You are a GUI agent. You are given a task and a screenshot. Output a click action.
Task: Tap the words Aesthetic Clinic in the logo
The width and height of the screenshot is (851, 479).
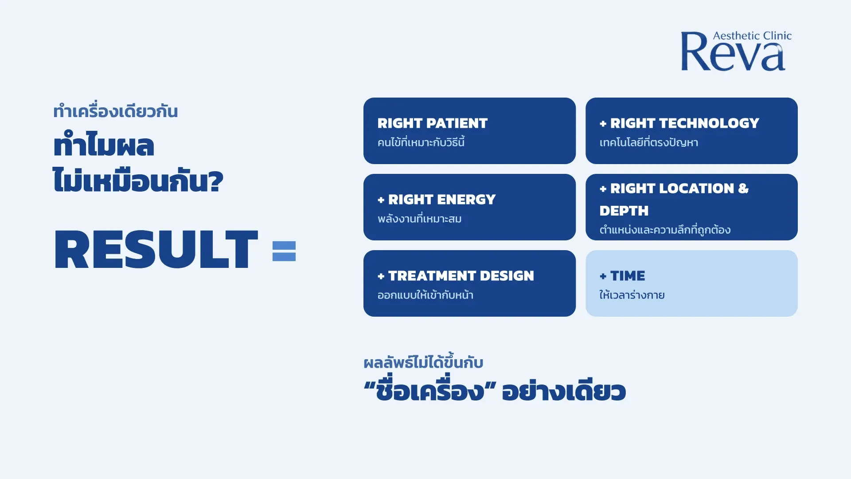click(x=752, y=35)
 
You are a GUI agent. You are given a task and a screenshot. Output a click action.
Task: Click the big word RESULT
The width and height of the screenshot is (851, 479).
click(x=156, y=249)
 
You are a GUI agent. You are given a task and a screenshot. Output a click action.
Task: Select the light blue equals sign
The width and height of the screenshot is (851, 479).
click(x=284, y=251)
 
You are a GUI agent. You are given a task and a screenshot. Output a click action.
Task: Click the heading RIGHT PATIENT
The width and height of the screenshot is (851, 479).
click(x=432, y=123)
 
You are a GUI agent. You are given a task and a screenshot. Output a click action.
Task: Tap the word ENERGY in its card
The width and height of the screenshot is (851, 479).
click(x=466, y=200)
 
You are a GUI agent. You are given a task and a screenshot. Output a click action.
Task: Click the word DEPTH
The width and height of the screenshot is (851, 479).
click(x=624, y=211)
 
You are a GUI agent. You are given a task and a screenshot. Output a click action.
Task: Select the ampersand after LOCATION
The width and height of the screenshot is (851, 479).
click(x=743, y=188)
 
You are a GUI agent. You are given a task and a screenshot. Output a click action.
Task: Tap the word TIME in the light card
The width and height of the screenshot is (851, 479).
click(x=628, y=276)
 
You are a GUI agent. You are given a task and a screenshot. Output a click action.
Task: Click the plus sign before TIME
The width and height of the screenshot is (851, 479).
click(x=603, y=276)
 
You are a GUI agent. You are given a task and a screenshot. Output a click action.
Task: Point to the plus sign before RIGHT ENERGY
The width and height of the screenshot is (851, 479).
click(x=381, y=200)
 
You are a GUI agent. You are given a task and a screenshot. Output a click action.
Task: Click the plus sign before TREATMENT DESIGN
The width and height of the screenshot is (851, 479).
click(x=381, y=276)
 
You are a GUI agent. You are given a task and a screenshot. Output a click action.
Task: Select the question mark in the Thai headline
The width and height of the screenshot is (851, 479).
click(x=215, y=181)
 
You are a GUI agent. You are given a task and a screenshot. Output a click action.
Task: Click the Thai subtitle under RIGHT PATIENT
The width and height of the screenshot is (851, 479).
click(x=421, y=142)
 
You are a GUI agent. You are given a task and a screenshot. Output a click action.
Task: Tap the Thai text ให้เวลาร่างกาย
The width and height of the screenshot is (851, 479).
click(x=632, y=294)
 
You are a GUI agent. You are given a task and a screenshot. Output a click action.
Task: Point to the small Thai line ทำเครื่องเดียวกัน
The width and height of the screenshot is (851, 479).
click(x=115, y=111)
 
